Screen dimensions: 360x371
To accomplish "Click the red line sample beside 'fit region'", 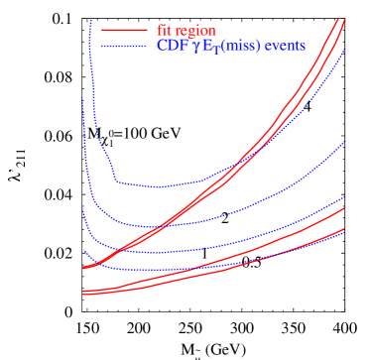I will pyautogui.click(x=123, y=31).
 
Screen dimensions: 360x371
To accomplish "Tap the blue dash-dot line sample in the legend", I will pyautogui.click(x=123, y=46).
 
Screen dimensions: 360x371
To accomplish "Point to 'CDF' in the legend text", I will pyautogui.click(x=170, y=46).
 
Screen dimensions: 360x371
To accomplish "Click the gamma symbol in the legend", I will pyautogui.click(x=194, y=47).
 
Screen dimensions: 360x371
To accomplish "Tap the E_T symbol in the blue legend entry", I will pyautogui.click(x=209, y=47).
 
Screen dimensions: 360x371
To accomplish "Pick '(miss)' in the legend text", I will pyautogui.click(x=239, y=47).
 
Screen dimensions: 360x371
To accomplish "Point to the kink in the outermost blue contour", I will pyautogui.click(x=116, y=179).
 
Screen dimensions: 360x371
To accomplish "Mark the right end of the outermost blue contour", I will pyautogui.click(x=344, y=50).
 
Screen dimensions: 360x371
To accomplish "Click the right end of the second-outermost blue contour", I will pyautogui.click(x=344, y=142).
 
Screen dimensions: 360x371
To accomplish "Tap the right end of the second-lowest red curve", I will pyautogui.click(x=344, y=208).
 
